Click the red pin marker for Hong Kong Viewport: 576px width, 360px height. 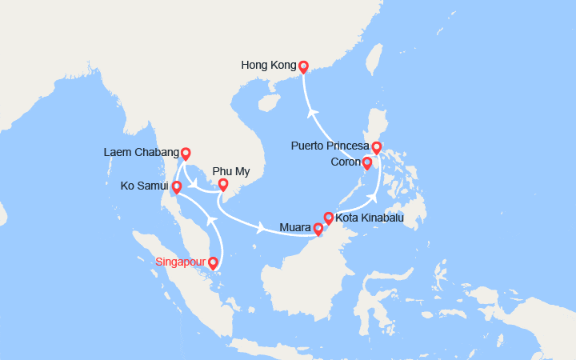pyautogui.click(x=303, y=66)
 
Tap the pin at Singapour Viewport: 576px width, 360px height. pyautogui.click(x=213, y=262)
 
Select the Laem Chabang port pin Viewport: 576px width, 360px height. pyautogui.click(x=186, y=153)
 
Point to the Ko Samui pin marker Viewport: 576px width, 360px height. pyautogui.click(x=177, y=187)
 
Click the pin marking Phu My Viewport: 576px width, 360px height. pyautogui.click(x=224, y=185)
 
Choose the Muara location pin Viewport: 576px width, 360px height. pyautogui.click(x=318, y=229)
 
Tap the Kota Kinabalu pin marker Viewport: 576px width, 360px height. pyautogui.click(x=328, y=217)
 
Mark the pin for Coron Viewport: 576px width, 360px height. pyautogui.click(x=366, y=163)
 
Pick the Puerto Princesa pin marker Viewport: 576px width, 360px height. pyautogui.click(x=377, y=148)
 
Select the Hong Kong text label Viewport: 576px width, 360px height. pyautogui.click(x=268, y=66)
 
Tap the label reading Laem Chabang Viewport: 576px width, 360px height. pyautogui.click(x=140, y=152)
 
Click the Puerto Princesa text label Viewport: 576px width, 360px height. pyautogui.click(x=330, y=147)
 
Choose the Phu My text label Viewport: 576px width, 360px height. pyautogui.click(x=230, y=170)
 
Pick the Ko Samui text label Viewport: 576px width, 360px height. pyautogui.click(x=143, y=186)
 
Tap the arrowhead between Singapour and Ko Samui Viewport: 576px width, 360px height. pyautogui.click(x=210, y=218)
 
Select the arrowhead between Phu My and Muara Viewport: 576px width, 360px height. pyautogui.click(x=262, y=230)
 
